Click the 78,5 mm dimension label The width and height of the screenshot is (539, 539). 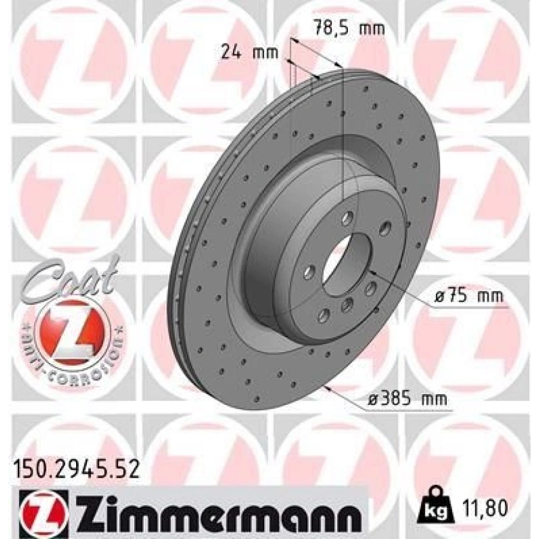(349, 28)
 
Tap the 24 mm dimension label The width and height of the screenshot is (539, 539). (249, 53)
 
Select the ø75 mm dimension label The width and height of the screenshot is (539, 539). (470, 296)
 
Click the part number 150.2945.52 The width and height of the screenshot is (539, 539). (76, 469)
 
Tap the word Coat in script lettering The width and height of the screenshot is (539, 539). (71, 278)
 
